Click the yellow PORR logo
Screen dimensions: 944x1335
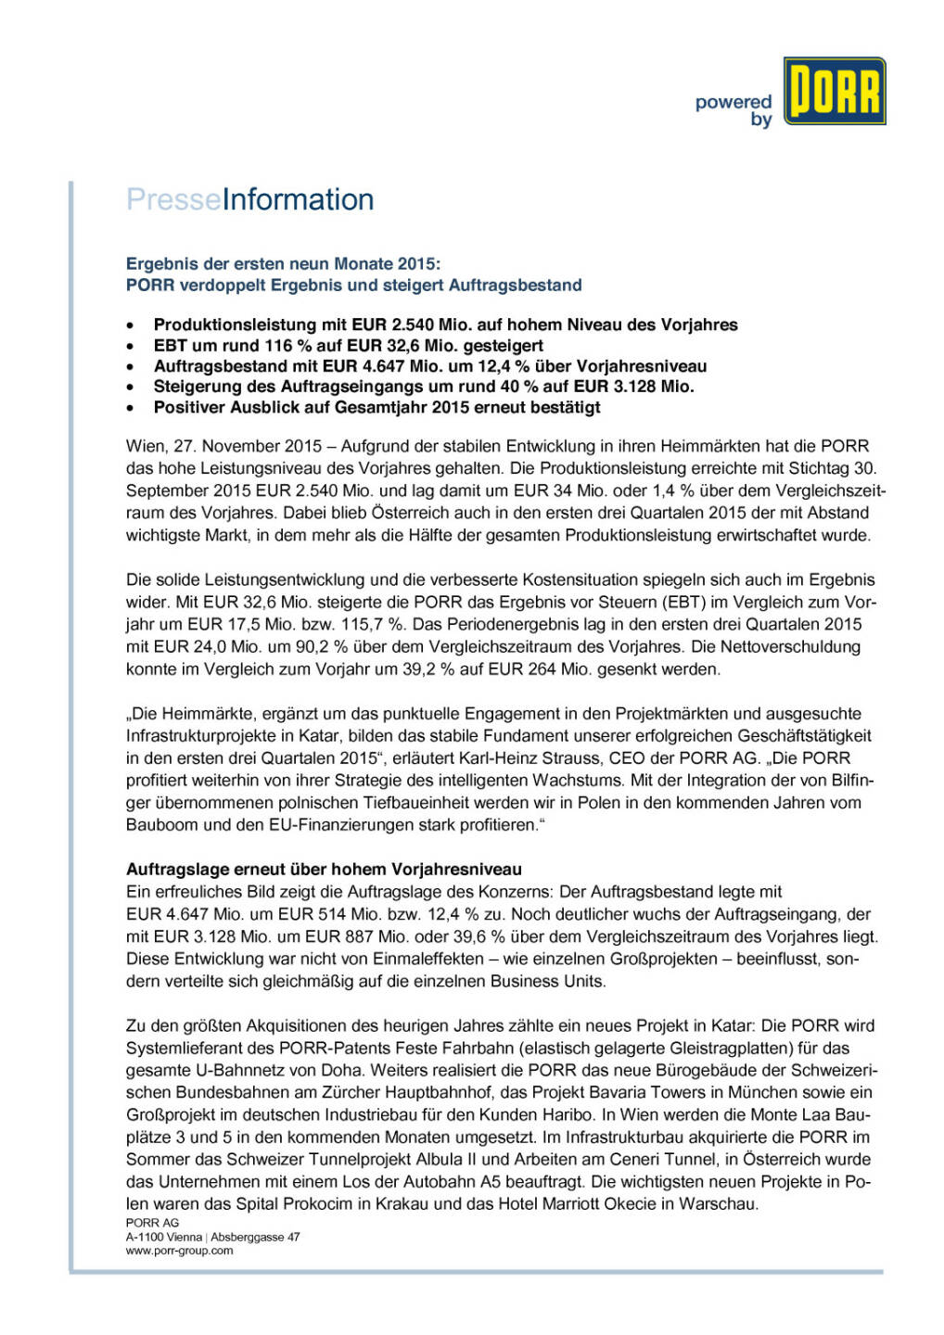(x=834, y=91)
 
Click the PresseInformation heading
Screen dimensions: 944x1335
(x=250, y=199)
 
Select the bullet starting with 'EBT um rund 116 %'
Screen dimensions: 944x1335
(x=348, y=346)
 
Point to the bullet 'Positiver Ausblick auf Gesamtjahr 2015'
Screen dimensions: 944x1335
(x=376, y=407)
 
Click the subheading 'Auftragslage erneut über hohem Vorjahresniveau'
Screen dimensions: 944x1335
(x=324, y=870)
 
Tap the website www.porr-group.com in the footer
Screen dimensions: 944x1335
(x=179, y=1251)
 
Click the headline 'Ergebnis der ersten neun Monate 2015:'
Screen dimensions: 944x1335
(x=283, y=264)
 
